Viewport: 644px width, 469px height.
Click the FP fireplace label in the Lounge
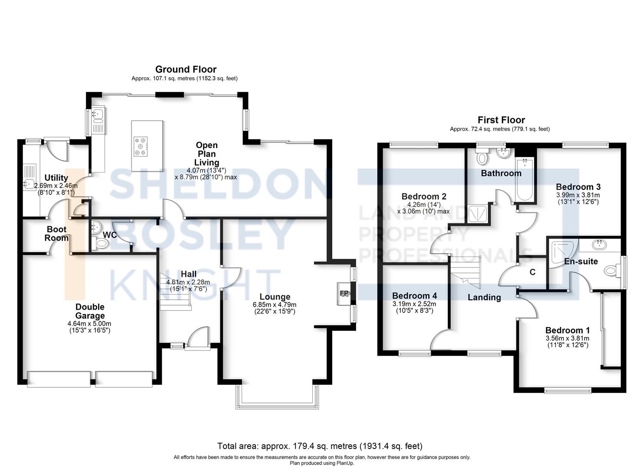pos(344,294)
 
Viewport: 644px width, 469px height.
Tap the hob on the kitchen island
pos(141,146)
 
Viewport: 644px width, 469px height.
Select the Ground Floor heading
pos(186,69)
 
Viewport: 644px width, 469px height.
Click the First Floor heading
pos(501,120)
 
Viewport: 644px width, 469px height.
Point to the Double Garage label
pos(90,311)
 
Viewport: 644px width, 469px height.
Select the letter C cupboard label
pos(533,272)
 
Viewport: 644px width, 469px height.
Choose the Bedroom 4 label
pos(415,296)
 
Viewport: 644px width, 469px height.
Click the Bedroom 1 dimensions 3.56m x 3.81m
pos(567,338)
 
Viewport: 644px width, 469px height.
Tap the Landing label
pos(484,297)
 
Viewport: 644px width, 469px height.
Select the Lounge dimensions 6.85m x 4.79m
pos(275,305)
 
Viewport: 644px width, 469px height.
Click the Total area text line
pos(320,446)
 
